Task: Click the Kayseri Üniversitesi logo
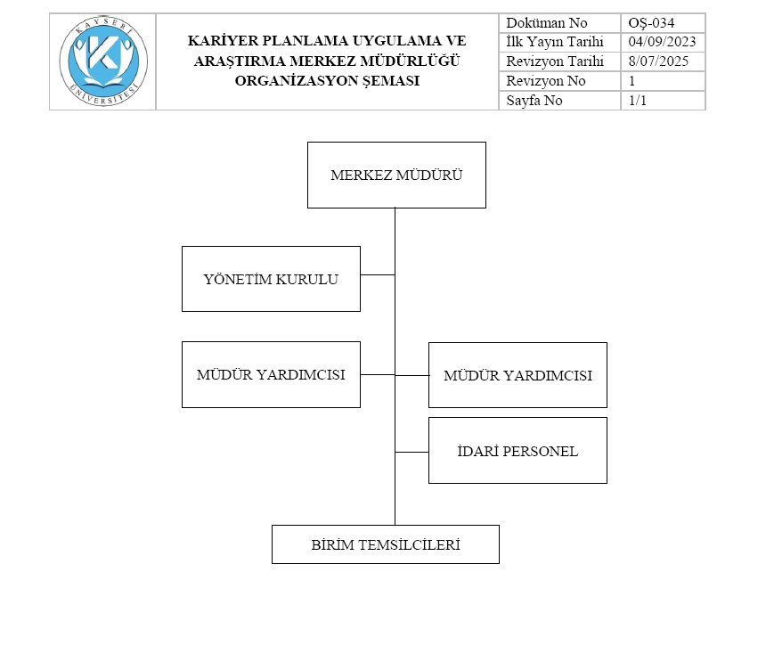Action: click(103, 61)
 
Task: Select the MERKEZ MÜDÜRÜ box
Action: click(396, 175)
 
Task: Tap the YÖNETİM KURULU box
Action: click(271, 279)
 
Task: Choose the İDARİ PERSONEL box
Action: click(517, 450)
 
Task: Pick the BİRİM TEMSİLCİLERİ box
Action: click(386, 544)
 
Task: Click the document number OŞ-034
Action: click(651, 23)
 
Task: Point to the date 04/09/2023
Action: click(662, 42)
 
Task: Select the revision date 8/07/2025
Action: click(658, 61)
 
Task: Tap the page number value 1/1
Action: click(638, 100)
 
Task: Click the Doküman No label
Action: click(547, 23)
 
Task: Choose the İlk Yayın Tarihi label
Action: click(555, 42)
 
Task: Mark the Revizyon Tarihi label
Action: click(555, 61)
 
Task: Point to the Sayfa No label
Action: click(534, 100)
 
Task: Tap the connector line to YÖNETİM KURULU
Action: click(378, 274)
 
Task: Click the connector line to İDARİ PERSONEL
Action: click(412, 452)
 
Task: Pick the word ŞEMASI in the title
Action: click(391, 81)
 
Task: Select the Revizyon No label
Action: click(546, 81)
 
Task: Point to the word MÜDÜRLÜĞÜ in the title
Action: click(410, 61)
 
